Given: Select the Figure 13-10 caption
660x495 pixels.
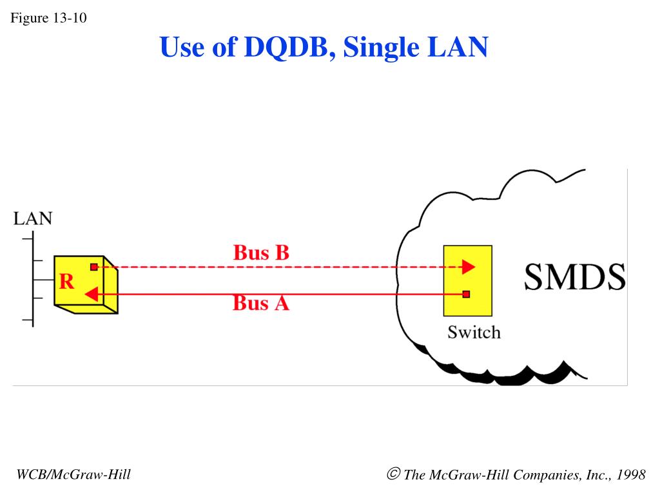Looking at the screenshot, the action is click(48, 17).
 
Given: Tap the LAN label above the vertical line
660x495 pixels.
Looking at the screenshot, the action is click(33, 218).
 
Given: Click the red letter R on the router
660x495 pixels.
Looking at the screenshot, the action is click(66, 282).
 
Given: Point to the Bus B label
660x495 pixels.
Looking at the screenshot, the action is click(261, 253).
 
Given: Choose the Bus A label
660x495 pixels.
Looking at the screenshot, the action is click(261, 302).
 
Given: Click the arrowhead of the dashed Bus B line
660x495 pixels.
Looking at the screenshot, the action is click(469, 267).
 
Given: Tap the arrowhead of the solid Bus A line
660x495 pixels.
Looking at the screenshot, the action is click(91, 295).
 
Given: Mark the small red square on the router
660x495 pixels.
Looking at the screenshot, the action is click(94, 267).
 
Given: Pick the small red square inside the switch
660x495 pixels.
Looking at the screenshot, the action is click(466, 295).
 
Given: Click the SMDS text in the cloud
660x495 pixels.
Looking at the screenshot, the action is click(574, 277).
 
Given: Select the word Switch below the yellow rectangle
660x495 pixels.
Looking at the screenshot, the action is click(474, 333).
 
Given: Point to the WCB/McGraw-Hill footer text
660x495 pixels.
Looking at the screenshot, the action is click(73, 475).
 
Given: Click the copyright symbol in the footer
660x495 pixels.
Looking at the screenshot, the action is click(394, 474).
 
